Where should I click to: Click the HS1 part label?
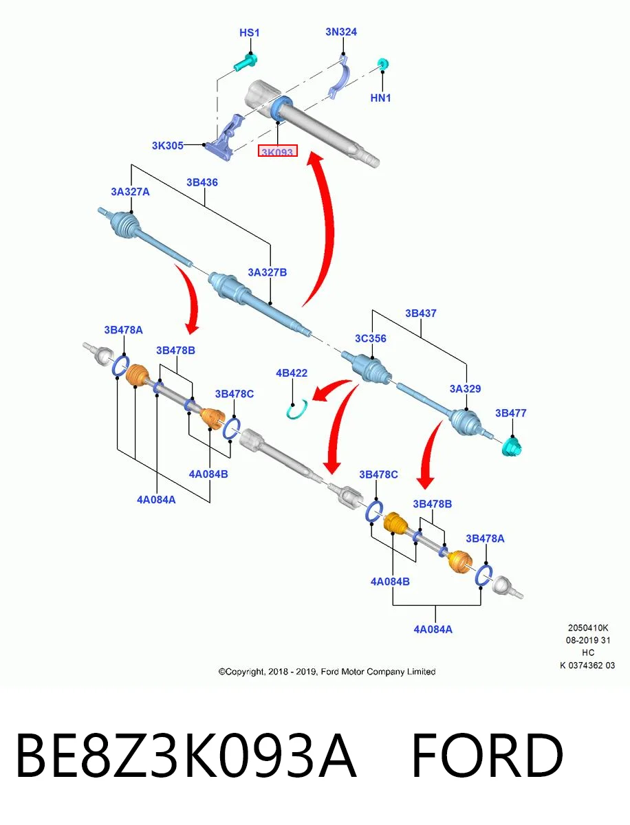[249, 33]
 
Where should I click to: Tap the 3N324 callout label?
[341, 32]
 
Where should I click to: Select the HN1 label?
[380, 98]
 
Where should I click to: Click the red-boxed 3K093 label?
[277, 151]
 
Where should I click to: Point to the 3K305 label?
[168, 146]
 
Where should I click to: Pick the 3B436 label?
[202, 182]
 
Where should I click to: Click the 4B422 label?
[292, 373]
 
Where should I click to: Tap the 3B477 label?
[510, 413]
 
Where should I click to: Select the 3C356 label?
[371, 338]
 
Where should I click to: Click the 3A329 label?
[466, 388]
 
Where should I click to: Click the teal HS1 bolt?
[245, 63]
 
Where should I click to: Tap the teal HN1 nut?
[383, 64]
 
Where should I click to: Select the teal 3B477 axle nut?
[512, 447]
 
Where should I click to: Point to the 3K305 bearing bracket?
[224, 138]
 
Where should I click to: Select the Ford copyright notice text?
[327, 672]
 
